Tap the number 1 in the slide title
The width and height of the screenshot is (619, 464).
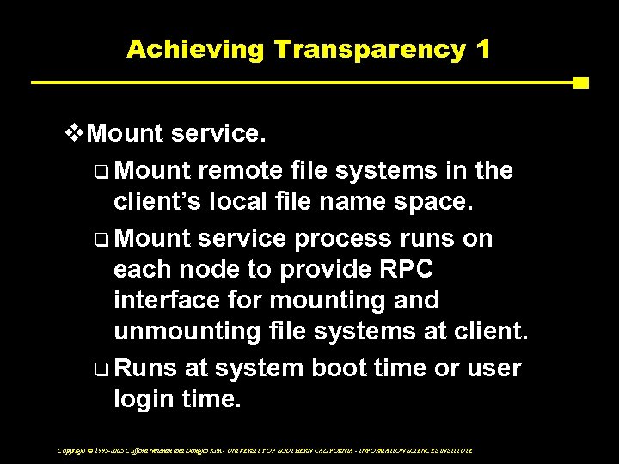pos(482,49)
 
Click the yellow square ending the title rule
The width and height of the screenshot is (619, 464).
pos(580,83)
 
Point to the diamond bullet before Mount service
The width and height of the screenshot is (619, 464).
pos(75,133)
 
